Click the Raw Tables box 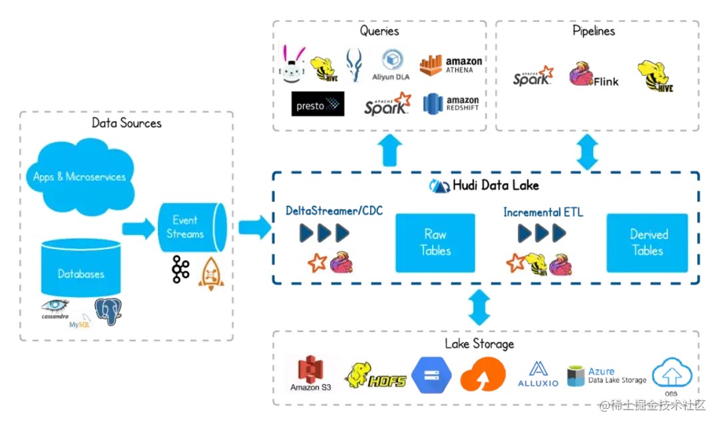[x=436, y=242]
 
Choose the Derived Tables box [x=648, y=242]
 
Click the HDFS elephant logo [x=376, y=374]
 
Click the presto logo [x=316, y=105]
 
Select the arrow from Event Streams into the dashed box [x=254, y=227]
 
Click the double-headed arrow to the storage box [x=479, y=307]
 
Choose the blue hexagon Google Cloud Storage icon [x=431, y=374]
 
